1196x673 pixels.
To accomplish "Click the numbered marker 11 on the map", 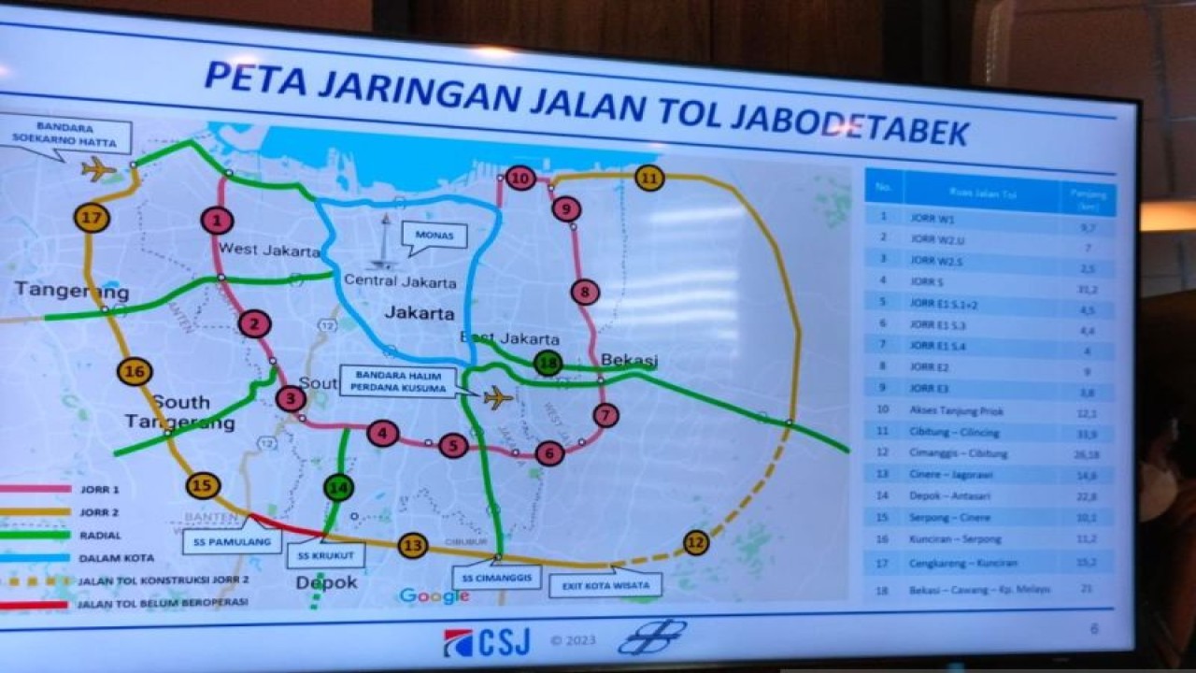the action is tap(649, 177).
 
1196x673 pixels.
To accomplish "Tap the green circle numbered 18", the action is tap(548, 365).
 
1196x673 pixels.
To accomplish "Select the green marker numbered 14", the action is tap(337, 487).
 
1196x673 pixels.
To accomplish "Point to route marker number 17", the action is tap(92, 219).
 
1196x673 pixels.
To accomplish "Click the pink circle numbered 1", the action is tap(217, 221).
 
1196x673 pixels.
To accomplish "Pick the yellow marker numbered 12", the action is tap(695, 542).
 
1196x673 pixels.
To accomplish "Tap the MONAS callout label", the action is tap(434, 236).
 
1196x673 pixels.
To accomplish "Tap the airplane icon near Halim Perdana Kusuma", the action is tap(498, 397).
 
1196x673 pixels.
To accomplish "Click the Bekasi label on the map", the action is tap(630, 360).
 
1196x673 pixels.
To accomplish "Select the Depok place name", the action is tap(327, 582).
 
